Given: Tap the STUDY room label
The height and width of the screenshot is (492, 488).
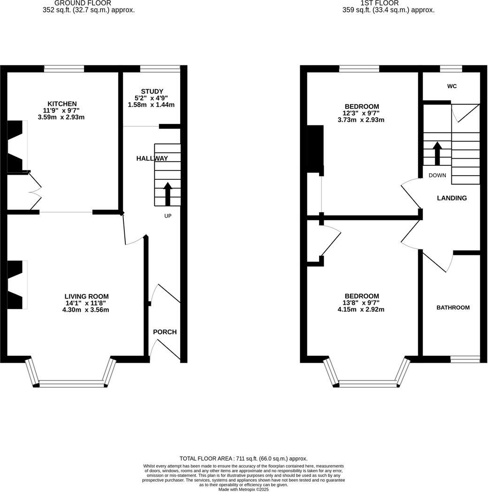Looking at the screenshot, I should click(152, 92).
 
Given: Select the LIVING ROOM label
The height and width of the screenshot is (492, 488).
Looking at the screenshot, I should click(86, 296).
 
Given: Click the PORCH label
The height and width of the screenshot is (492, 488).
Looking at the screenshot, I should click(165, 332).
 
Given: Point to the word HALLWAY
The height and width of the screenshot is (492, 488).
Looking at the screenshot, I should click(152, 159).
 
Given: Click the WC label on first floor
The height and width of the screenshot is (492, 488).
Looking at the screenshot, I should click(452, 86).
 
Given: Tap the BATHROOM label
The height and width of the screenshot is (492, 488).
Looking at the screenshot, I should click(453, 307).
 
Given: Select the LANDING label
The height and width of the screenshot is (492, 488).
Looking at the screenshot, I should click(452, 198).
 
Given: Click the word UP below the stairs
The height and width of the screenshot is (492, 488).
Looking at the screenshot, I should click(168, 216).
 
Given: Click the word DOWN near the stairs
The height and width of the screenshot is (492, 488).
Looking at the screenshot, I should click(437, 175).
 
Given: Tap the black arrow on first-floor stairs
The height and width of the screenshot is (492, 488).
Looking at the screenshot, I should click(437, 153).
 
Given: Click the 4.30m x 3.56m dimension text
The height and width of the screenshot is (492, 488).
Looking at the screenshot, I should click(86, 310).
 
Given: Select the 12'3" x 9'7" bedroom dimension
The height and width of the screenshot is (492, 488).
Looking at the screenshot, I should click(361, 113).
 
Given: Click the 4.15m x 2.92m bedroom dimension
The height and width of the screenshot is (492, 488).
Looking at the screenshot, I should click(361, 310).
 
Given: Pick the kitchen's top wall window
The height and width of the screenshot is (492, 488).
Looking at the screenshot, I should click(64, 69).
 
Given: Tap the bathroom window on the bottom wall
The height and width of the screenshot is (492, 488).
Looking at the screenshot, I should click(465, 360).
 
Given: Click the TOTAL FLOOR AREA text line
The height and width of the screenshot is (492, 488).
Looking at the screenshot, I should click(244, 459).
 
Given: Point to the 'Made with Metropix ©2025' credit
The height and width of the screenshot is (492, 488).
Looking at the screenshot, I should click(244, 489).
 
